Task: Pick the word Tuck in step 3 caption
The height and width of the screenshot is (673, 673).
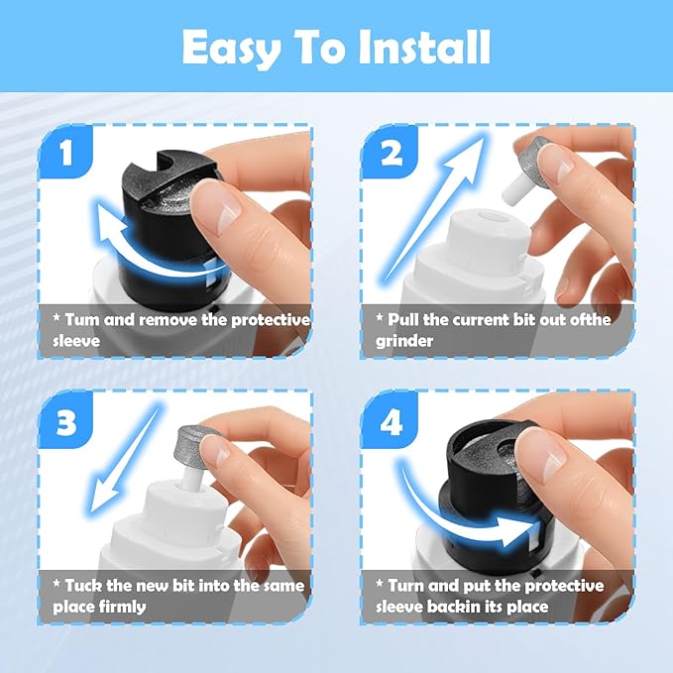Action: [x=84, y=586]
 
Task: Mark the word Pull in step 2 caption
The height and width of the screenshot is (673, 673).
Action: [x=404, y=320]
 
